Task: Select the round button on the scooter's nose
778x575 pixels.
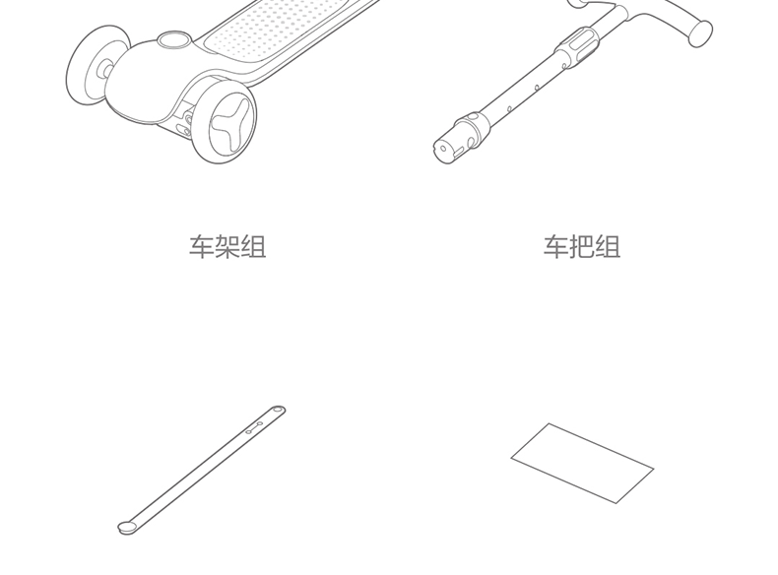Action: pyautogui.click(x=174, y=40)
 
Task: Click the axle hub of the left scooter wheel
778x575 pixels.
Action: pyautogui.click(x=102, y=70)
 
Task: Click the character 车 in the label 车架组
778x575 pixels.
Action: pyautogui.click(x=202, y=246)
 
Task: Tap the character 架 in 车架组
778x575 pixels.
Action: pyautogui.click(x=227, y=246)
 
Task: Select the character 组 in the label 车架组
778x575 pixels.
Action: pyautogui.click(x=254, y=246)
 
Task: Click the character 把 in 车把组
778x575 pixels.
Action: pyautogui.click(x=582, y=246)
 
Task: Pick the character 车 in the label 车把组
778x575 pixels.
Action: pyautogui.click(x=556, y=246)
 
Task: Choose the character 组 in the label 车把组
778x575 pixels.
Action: pyautogui.click(x=609, y=246)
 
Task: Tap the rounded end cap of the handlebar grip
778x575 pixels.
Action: pyautogui.click(x=700, y=32)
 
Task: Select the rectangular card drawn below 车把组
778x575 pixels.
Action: pyautogui.click(x=582, y=463)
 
